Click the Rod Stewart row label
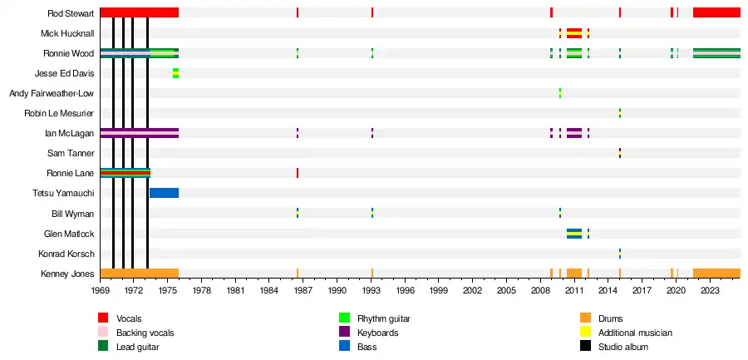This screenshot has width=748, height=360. tap(70, 13)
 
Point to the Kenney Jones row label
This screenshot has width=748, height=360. tap(67, 274)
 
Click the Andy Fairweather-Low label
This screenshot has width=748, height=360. tap(52, 93)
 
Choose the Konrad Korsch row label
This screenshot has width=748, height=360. tap(66, 254)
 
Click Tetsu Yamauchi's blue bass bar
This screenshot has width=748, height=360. tap(164, 193)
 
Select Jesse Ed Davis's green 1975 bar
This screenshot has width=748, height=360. tap(175, 73)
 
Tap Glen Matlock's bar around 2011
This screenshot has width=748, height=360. tap(574, 234)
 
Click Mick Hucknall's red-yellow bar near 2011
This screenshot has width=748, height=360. tap(574, 33)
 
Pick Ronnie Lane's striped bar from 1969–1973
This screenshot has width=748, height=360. tap(125, 173)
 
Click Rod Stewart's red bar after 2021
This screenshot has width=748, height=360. tap(716, 12)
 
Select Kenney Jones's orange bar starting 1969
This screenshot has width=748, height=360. tap(139, 274)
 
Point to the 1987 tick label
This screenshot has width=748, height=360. tap(303, 291)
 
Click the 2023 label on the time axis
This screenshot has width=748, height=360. tap(710, 291)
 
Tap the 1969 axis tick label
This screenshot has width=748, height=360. tap(101, 291)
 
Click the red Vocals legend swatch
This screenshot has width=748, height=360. tap(103, 318)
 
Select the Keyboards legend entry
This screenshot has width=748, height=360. tap(377, 333)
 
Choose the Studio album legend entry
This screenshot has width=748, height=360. tap(623, 347)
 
